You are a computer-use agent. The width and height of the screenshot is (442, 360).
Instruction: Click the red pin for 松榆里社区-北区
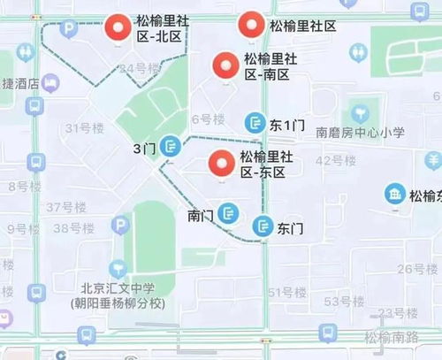click(117, 30)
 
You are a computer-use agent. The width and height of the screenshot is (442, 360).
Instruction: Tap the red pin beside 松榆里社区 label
click(251, 25)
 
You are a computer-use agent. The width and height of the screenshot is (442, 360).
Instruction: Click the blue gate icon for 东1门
click(255, 124)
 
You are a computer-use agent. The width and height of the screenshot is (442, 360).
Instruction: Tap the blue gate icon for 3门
click(171, 147)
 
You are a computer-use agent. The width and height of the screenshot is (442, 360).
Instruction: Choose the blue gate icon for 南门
click(229, 213)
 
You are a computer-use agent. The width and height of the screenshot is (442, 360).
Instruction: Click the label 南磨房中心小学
click(361, 133)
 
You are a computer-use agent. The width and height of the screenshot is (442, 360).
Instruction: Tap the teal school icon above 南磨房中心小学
click(361, 113)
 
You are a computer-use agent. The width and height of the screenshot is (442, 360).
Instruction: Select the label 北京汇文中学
click(118, 288)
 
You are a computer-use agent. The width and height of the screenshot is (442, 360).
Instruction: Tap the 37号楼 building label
click(65, 207)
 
